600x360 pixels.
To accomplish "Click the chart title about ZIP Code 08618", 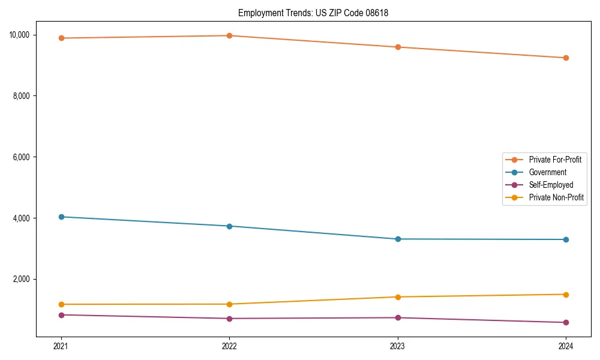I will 313,13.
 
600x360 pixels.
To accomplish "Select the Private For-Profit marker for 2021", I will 61,38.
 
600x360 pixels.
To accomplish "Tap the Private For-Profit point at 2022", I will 229,35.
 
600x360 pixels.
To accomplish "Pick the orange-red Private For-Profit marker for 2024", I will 566,58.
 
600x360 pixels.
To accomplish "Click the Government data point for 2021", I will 61,217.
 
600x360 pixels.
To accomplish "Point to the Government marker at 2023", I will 398,239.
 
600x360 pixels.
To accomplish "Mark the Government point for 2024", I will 566,239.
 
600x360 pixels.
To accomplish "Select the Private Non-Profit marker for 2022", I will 229,304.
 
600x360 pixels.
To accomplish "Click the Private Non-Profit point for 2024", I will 566,295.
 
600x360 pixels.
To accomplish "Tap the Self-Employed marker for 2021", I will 61,315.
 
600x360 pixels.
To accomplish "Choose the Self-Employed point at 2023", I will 398,318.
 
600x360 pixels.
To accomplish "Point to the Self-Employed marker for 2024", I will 566,323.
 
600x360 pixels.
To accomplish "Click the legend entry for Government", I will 547,172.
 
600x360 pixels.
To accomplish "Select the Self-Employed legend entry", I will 551,185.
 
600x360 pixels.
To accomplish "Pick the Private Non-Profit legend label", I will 556,197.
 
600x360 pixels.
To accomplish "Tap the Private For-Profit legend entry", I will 555,160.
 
